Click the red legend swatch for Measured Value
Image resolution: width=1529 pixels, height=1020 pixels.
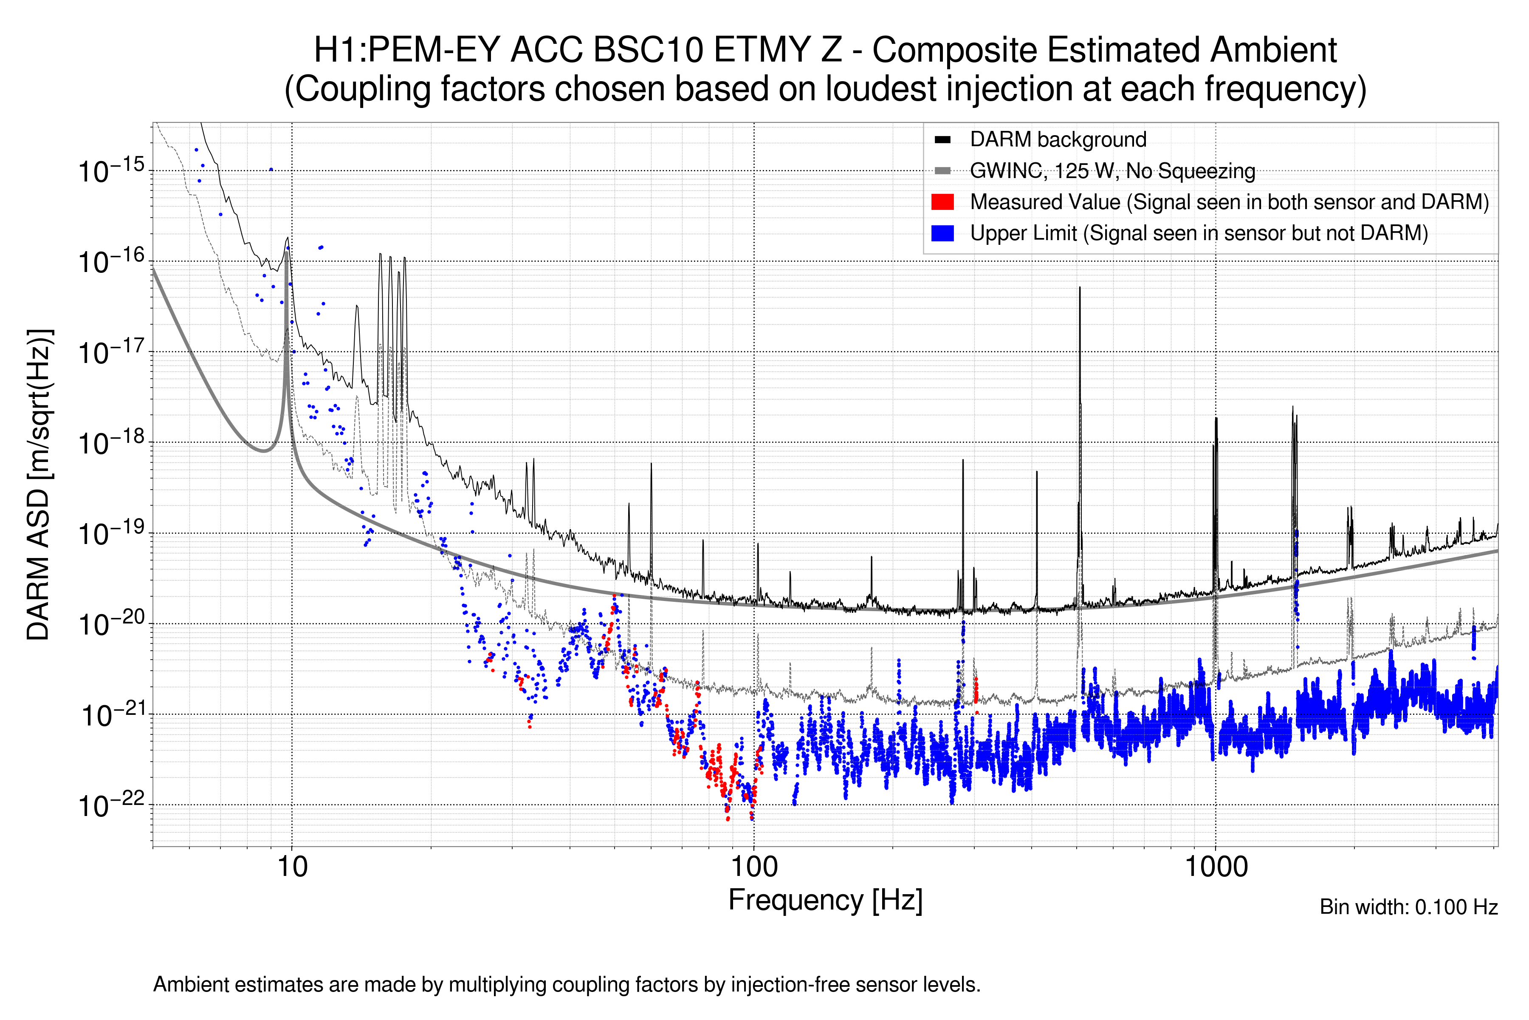coord(942,201)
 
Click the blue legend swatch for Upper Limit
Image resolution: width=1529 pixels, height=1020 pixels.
coord(942,233)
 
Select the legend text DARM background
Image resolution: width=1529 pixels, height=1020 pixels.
coord(1058,139)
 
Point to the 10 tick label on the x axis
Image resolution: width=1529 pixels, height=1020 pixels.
coord(292,867)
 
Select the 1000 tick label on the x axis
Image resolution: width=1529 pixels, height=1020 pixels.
coord(1216,867)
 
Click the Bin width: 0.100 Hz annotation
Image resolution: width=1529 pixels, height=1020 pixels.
coord(1408,907)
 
